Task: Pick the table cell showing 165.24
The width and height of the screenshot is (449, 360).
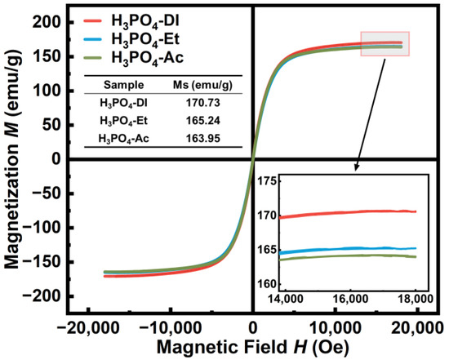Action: [204, 121]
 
